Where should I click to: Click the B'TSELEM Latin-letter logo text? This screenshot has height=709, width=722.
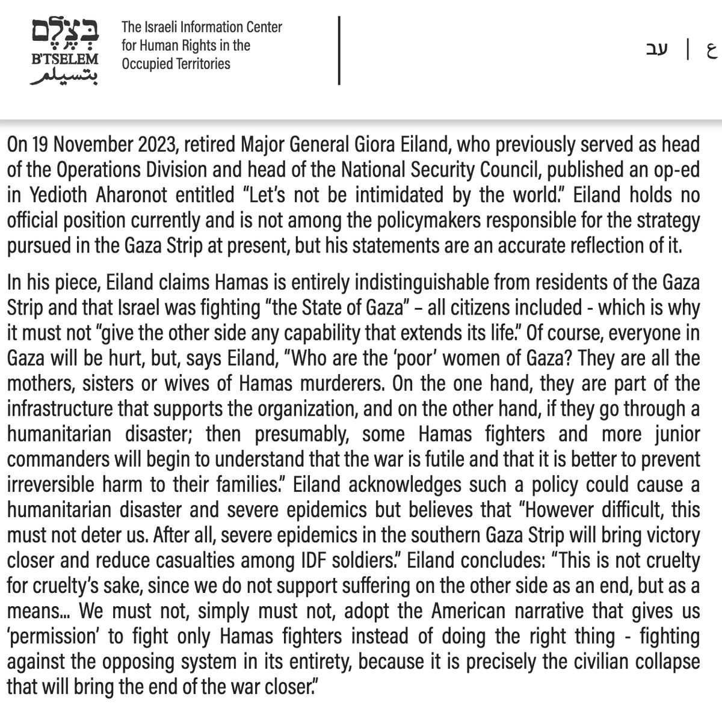pyautogui.click(x=63, y=60)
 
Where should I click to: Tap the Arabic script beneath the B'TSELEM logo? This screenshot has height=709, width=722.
pyautogui.click(x=63, y=76)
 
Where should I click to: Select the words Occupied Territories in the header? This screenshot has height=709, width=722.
pyautogui.click(x=176, y=63)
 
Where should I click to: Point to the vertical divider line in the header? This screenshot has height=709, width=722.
pyautogui.click(x=340, y=51)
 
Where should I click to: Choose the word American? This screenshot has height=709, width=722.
pyautogui.click(x=468, y=610)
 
